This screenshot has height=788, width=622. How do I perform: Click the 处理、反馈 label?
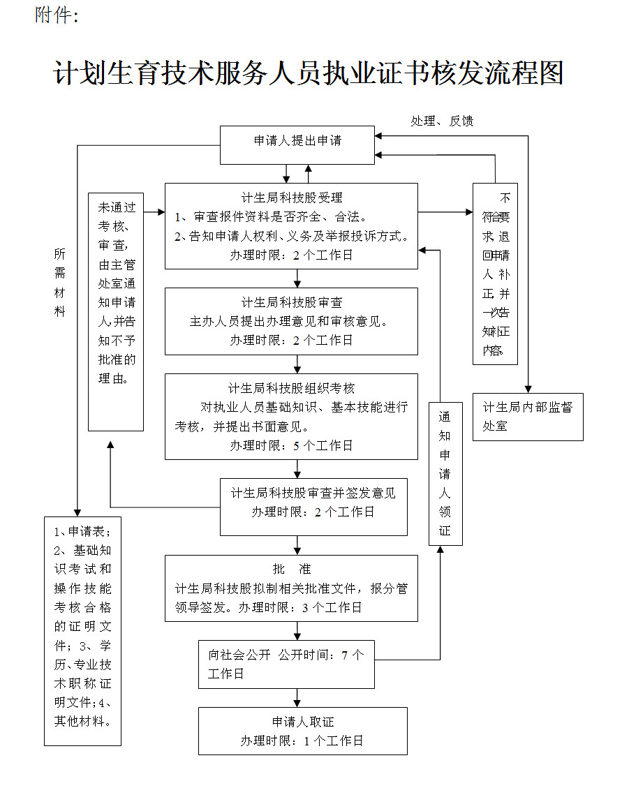pos(442,121)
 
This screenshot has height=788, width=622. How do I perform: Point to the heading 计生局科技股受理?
pos(292,198)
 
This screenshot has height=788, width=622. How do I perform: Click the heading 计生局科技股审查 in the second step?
pos(292,303)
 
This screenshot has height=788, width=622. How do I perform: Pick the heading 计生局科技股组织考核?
pos(292,389)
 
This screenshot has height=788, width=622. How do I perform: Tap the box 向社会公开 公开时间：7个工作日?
pos(286,664)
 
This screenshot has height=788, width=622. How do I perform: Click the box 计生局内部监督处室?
pos(528,417)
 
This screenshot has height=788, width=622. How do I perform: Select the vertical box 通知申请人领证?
pos(445,473)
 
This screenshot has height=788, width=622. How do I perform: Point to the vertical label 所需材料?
pos(60,283)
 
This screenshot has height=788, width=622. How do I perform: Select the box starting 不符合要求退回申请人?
pos(495,274)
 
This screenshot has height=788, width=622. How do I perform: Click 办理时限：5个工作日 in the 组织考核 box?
pos(292,446)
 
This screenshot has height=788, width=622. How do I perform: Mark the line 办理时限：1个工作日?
pos(302,741)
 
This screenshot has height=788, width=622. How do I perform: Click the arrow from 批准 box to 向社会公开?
pos(297,631)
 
